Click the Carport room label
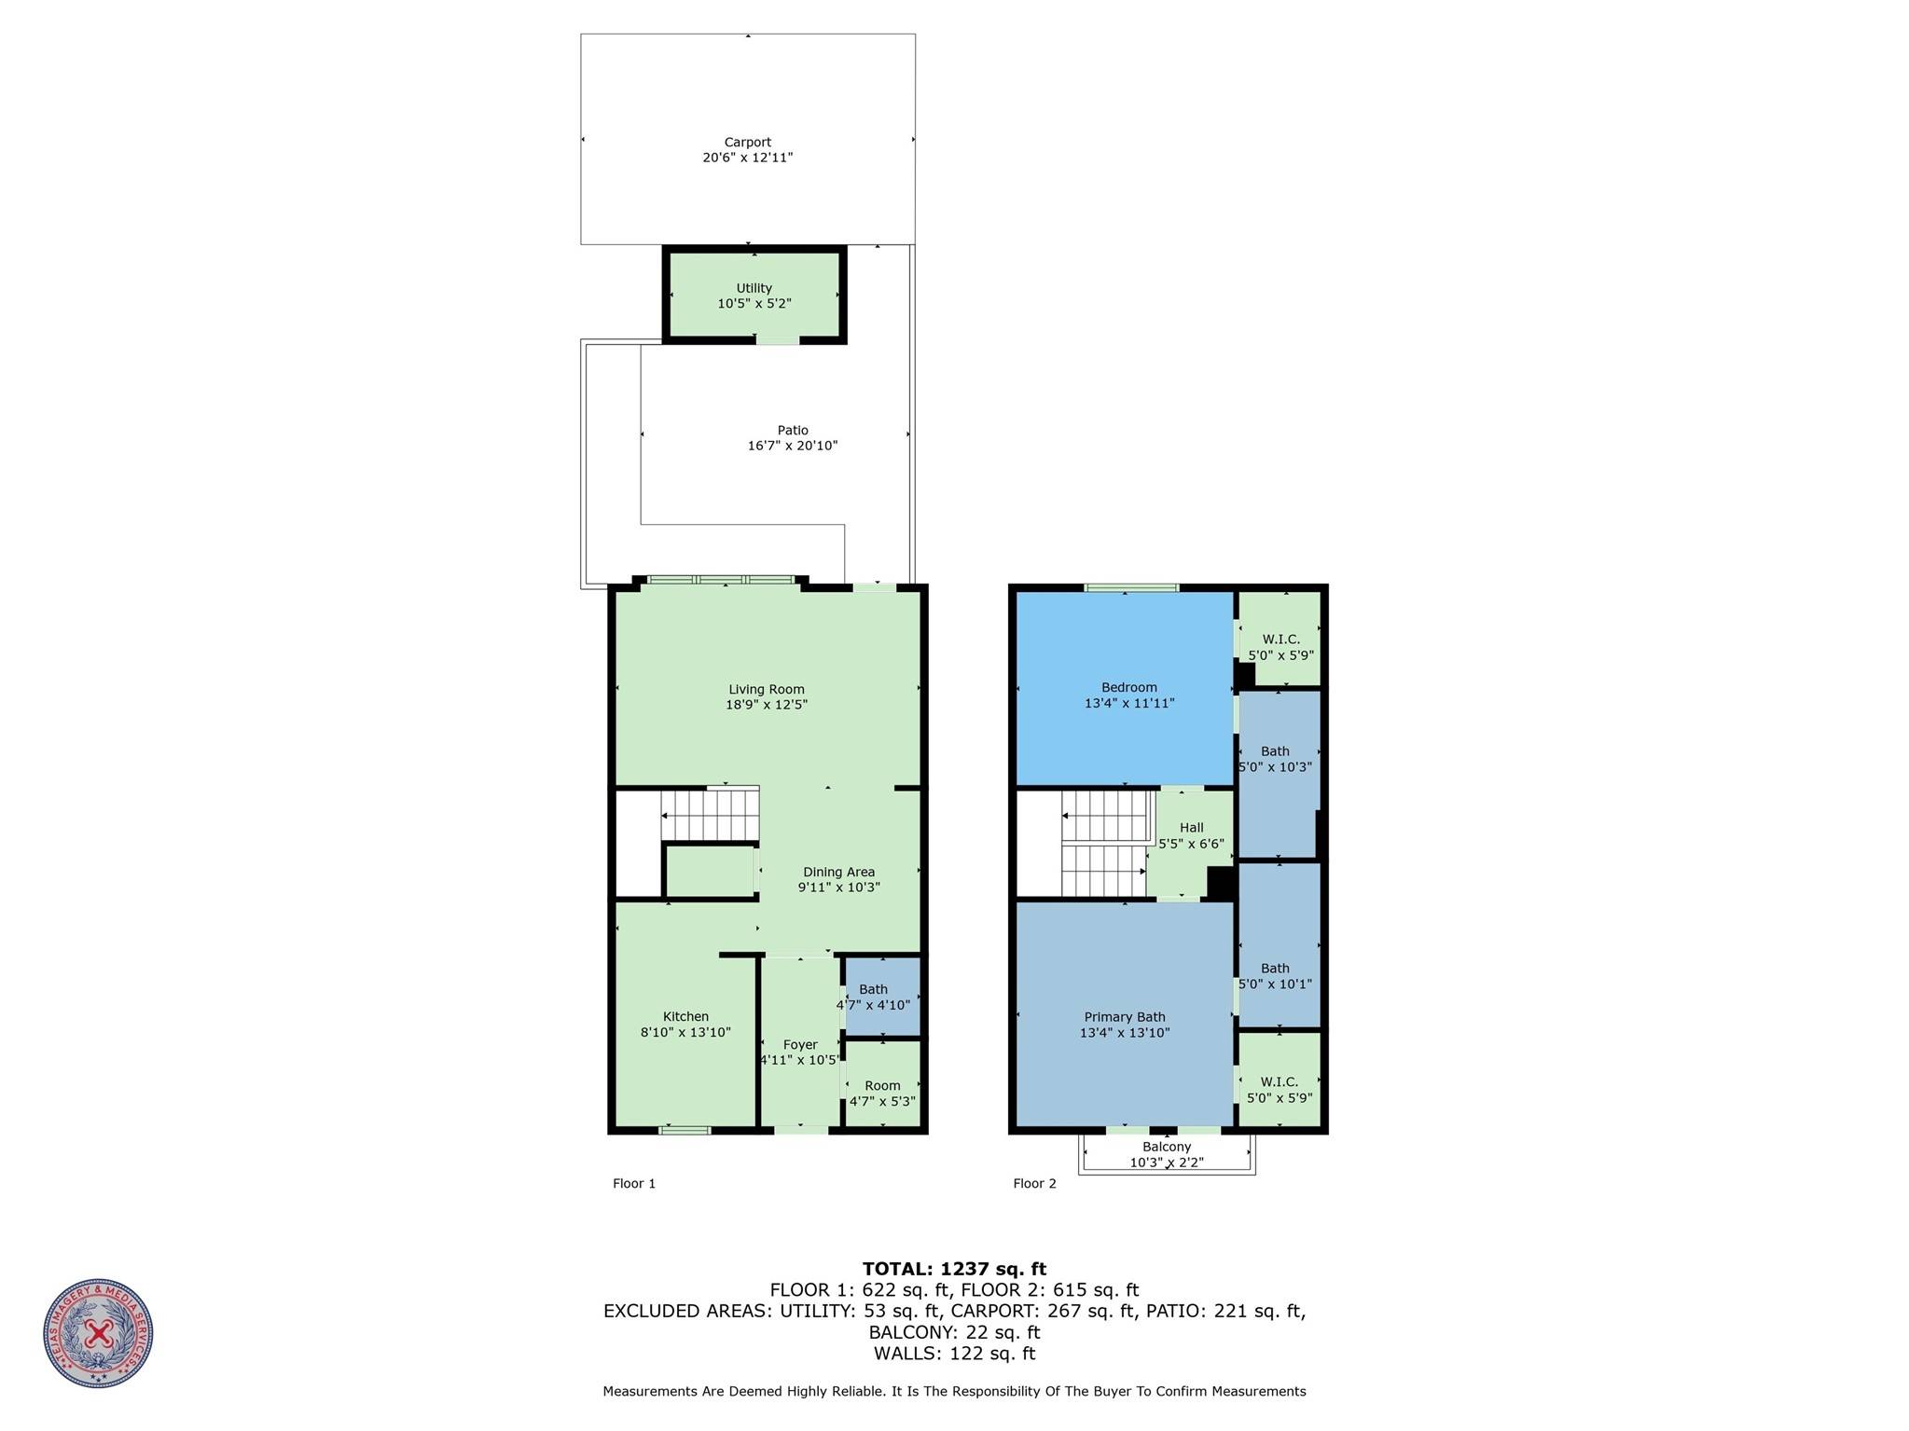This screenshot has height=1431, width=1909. pyautogui.click(x=747, y=143)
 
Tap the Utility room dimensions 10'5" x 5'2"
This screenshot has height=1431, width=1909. pyautogui.click(x=754, y=304)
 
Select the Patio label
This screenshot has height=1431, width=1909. pyautogui.click(x=793, y=431)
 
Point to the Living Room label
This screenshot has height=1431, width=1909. pyautogui.click(x=766, y=690)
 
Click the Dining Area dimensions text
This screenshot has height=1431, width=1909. pyautogui.click(x=838, y=887)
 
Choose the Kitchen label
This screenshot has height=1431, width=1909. pyautogui.click(x=685, y=1017)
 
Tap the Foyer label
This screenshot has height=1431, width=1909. pyautogui.click(x=800, y=1045)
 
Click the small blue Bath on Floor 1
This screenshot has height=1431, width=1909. pyautogui.click(x=881, y=997)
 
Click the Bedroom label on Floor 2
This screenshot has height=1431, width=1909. pyautogui.click(x=1128, y=688)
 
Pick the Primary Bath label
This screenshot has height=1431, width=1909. pyautogui.click(x=1124, y=1017)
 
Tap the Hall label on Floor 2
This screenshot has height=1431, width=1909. pyautogui.click(x=1191, y=828)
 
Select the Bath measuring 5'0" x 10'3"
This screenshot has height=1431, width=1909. pyautogui.click(x=1275, y=759)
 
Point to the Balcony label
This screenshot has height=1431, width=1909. pyautogui.click(x=1167, y=1148)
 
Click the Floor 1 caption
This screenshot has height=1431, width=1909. pyautogui.click(x=634, y=1184)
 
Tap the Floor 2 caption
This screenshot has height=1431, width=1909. pyautogui.click(x=1034, y=1184)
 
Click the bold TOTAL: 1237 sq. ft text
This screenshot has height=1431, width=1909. pyautogui.click(x=954, y=1269)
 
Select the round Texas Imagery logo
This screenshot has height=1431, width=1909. pyautogui.click(x=98, y=1333)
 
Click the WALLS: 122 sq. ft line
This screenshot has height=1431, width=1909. pyautogui.click(x=954, y=1354)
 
